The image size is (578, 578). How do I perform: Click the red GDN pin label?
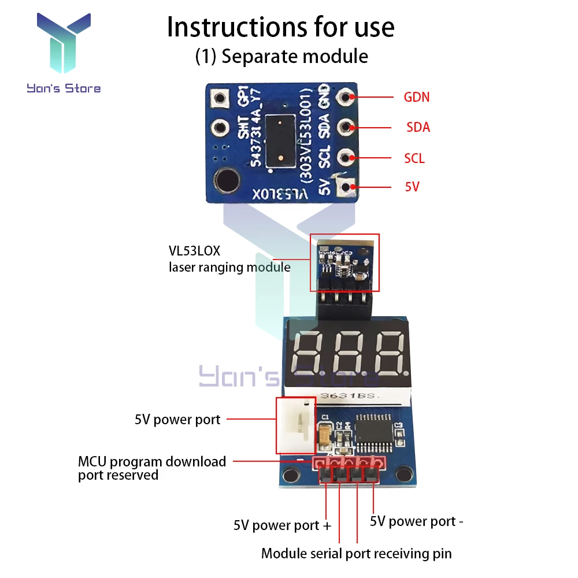(x=416, y=97)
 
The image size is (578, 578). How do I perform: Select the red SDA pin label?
(x=418, y=127)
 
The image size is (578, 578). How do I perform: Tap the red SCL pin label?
(x=414, y=158)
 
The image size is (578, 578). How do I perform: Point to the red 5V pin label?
(x=412, y=187)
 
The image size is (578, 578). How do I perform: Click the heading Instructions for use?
(x=281, y=27)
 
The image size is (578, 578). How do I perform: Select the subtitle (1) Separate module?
(x=281, y=56)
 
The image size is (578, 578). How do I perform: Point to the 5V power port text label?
(x=177, y=420)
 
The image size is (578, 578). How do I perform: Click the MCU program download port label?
(x=152, y=468)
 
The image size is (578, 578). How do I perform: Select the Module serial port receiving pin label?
(x=356, y=553)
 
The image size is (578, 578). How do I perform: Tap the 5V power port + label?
(x=283, y=525)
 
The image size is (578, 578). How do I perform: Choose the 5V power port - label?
(x=417, y=521)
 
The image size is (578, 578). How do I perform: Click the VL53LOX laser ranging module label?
(x=229, y=260)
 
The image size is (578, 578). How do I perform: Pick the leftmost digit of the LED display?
(x=309, y=354)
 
